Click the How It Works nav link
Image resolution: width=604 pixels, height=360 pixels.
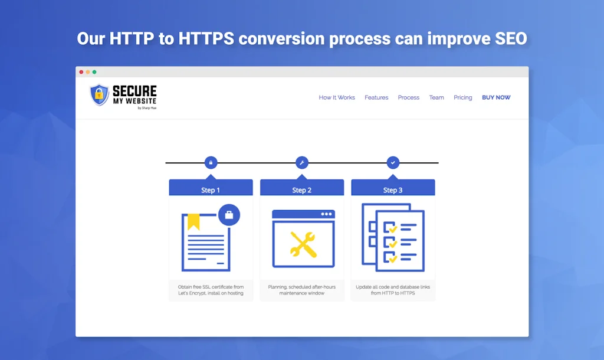tap(337, 97)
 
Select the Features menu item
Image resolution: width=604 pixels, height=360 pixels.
tap(376, 97)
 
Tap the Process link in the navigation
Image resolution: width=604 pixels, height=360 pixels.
tap(408, 97)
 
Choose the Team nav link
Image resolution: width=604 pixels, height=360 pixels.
tap(436, 97)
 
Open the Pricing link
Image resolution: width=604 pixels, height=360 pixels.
tap(462, 97)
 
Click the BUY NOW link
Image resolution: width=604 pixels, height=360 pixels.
tap(496, 97)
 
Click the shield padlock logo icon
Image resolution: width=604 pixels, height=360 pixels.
tap(99, 95)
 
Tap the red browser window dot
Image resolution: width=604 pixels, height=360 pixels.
tap(81, 72)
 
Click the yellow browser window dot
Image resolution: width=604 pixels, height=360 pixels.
tap(88, 72)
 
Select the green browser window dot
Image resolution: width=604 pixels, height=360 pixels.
tap(94, 72)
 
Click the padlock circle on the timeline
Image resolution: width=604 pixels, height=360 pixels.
tap(211, 162)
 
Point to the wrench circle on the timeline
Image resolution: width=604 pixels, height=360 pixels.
tap(302, 162)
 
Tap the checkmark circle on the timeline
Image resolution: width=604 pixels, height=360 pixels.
tap(393, 162)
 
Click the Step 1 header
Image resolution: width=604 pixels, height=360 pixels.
tap(211, 189)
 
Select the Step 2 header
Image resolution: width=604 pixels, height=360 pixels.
tap(302, 189)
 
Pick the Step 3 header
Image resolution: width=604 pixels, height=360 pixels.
tap(393, 189)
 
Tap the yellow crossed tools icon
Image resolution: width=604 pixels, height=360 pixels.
tap(303, 244)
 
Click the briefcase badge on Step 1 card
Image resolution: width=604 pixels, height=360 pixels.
tap(229, 215)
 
